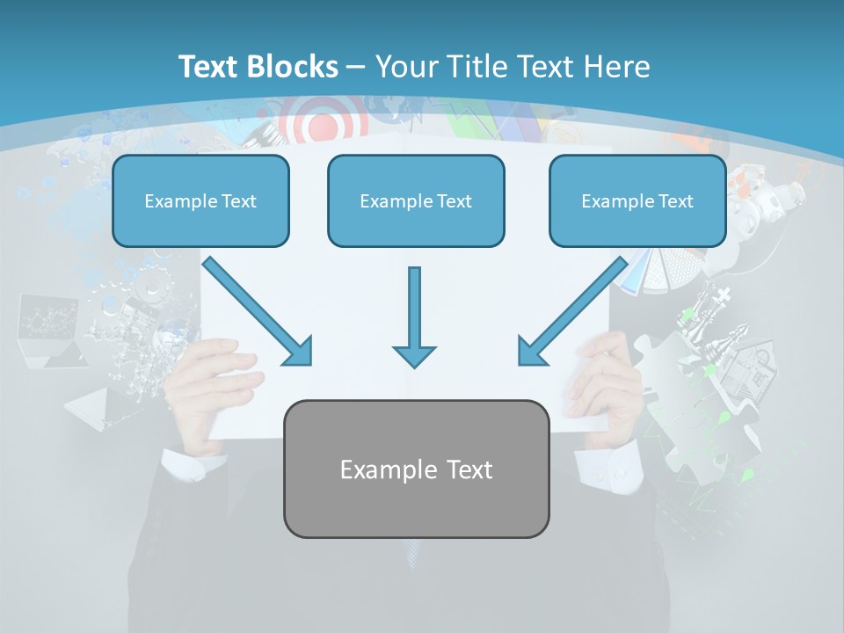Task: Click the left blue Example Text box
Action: (200, 201)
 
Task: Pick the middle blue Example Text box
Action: (416, 201)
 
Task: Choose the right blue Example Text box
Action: (637, 201)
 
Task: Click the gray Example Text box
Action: (416, 469)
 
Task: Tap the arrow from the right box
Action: (572, 312)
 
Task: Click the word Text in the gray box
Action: (462, 469)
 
